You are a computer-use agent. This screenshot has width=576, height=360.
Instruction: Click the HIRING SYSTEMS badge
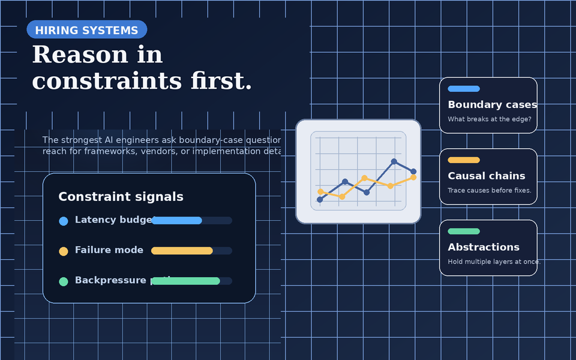pyautogui.click(x=86, y=30)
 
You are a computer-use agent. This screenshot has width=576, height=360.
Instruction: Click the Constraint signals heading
pyautogui.click(x=121, y=197)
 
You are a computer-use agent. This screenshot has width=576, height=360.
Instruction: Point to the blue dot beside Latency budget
pyautogui.click(x=64, y=221)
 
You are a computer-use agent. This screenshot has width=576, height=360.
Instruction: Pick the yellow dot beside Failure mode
pyautogui.click(x=64, y=251)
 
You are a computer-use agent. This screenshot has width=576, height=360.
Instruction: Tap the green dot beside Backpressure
pyautogui.click(x=64, y=281)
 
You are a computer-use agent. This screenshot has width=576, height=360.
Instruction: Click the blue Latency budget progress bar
pyautogui.click(x=176, y=221)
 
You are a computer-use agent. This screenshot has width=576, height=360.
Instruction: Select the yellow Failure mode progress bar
pyautogui.click(x=182, y=251)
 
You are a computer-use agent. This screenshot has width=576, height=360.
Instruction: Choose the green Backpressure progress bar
pyautogui.click(x=185, y=281)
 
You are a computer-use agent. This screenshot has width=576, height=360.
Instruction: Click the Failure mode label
pyautogui.click(x=109, y=250)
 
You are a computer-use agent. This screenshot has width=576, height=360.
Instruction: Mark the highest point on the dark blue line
pyautogui.click(x=394, y=161)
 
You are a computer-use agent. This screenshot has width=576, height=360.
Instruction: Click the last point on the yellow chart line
pyautogui.click(x=413, y=177)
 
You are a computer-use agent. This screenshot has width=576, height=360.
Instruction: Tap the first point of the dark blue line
pyautogui.click(x=320, y=200)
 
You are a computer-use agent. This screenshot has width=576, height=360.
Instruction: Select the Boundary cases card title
pyautogui.click(x=492, y=105)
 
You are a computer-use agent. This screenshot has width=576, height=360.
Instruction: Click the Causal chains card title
pyautogui.click(x=486, y=176)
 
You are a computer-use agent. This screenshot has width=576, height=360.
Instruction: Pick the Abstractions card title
pyautogui.click(x=484, y=247)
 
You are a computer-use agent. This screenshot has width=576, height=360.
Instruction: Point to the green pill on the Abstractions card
pyautogui.click(x=464, y=232)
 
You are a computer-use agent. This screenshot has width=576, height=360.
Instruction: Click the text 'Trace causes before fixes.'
pyautogui.click(x=489, y=191)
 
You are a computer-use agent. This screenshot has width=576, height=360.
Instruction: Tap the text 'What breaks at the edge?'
pyautogui.click(x=489, y=119)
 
